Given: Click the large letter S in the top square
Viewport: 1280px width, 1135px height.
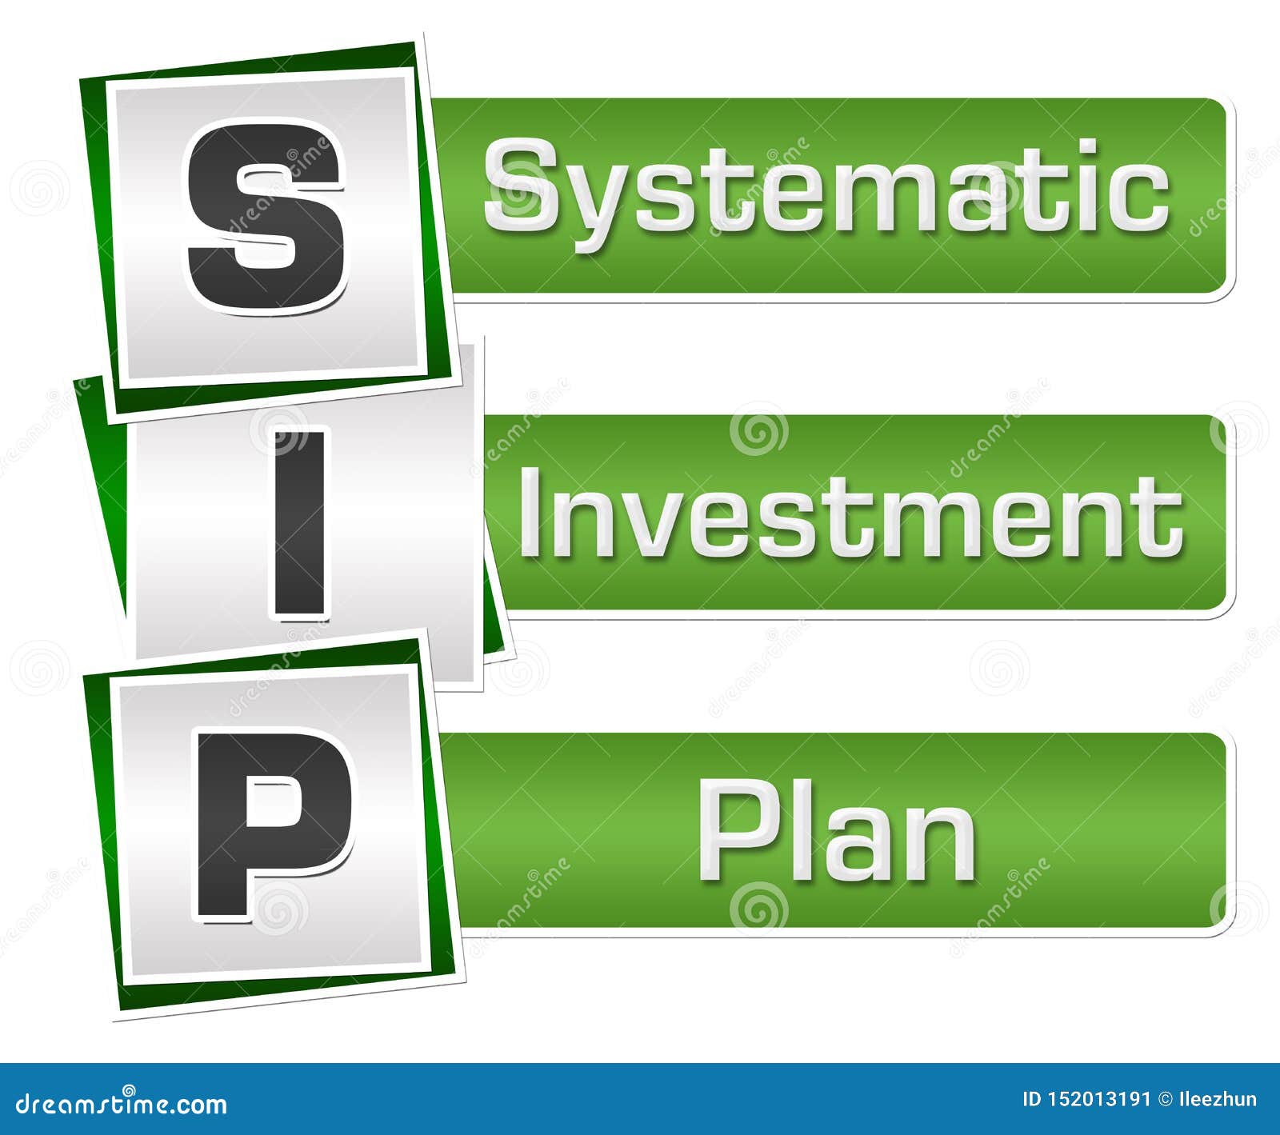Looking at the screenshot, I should tap(266, 216).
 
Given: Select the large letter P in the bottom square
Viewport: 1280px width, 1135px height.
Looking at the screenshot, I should tap(273, 824).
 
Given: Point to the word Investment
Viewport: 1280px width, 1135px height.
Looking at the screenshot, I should tap(850, 514).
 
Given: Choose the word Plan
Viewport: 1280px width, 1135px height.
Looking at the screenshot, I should tap(837, 832).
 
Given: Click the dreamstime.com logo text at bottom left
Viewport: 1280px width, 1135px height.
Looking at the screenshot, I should tap(122, 1104).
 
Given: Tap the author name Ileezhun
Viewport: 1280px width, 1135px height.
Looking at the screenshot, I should tap(1218, 1100).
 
